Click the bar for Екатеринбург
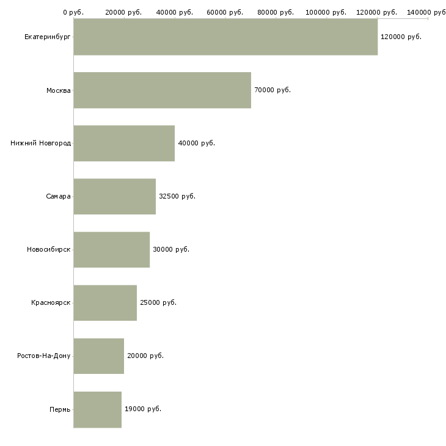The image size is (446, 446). pos(225,37)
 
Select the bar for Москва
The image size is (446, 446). pos(162,90)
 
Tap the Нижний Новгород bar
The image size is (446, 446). pos(124,144)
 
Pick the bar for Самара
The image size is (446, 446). pos(114,197)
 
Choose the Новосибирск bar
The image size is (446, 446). pos(111,250)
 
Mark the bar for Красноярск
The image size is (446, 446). pos(105,303)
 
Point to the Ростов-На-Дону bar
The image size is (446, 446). pos(98,356)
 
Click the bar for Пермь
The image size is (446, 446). pos(97,409)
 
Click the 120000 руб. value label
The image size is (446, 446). pos(401,37)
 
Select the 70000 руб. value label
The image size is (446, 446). pos(272,90)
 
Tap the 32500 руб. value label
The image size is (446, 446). pos(177,197)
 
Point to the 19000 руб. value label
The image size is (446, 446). pos(143,409)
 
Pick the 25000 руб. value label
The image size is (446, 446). pos(158,303)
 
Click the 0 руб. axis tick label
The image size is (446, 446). pos(73,12)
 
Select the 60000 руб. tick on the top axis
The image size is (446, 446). pos(225,12)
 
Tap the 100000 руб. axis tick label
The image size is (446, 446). pos(327,12)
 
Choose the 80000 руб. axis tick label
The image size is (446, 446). pos(276,12)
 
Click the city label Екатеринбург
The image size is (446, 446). pos(47,37)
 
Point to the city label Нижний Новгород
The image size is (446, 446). pos(40,144)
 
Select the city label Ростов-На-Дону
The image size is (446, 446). pos(44,356)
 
